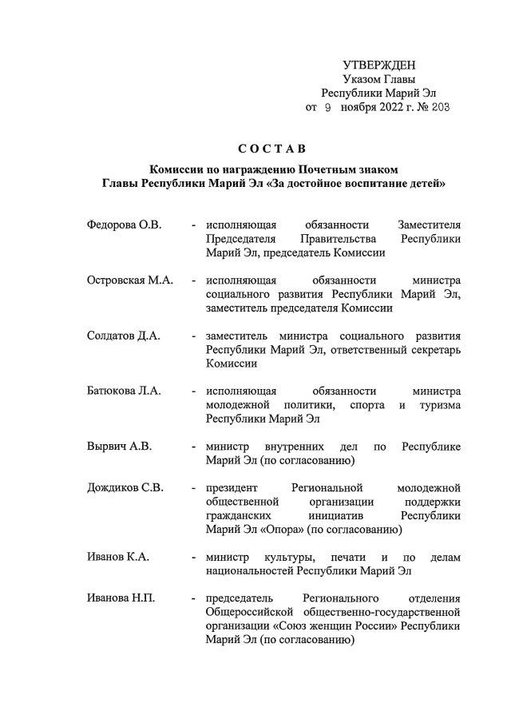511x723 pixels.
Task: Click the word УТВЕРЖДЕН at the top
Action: point(379,65)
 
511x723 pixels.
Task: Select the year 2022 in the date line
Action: point(391,106)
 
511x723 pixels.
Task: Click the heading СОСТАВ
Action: point(272,149)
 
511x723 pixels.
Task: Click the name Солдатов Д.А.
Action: point(124,336)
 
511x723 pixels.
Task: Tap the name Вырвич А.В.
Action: point(119,446)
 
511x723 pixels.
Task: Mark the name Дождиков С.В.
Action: point(125,487)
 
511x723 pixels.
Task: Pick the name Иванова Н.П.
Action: point(122,598)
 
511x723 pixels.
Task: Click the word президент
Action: point(232,487)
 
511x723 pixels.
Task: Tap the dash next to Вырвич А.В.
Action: point(193,446)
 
